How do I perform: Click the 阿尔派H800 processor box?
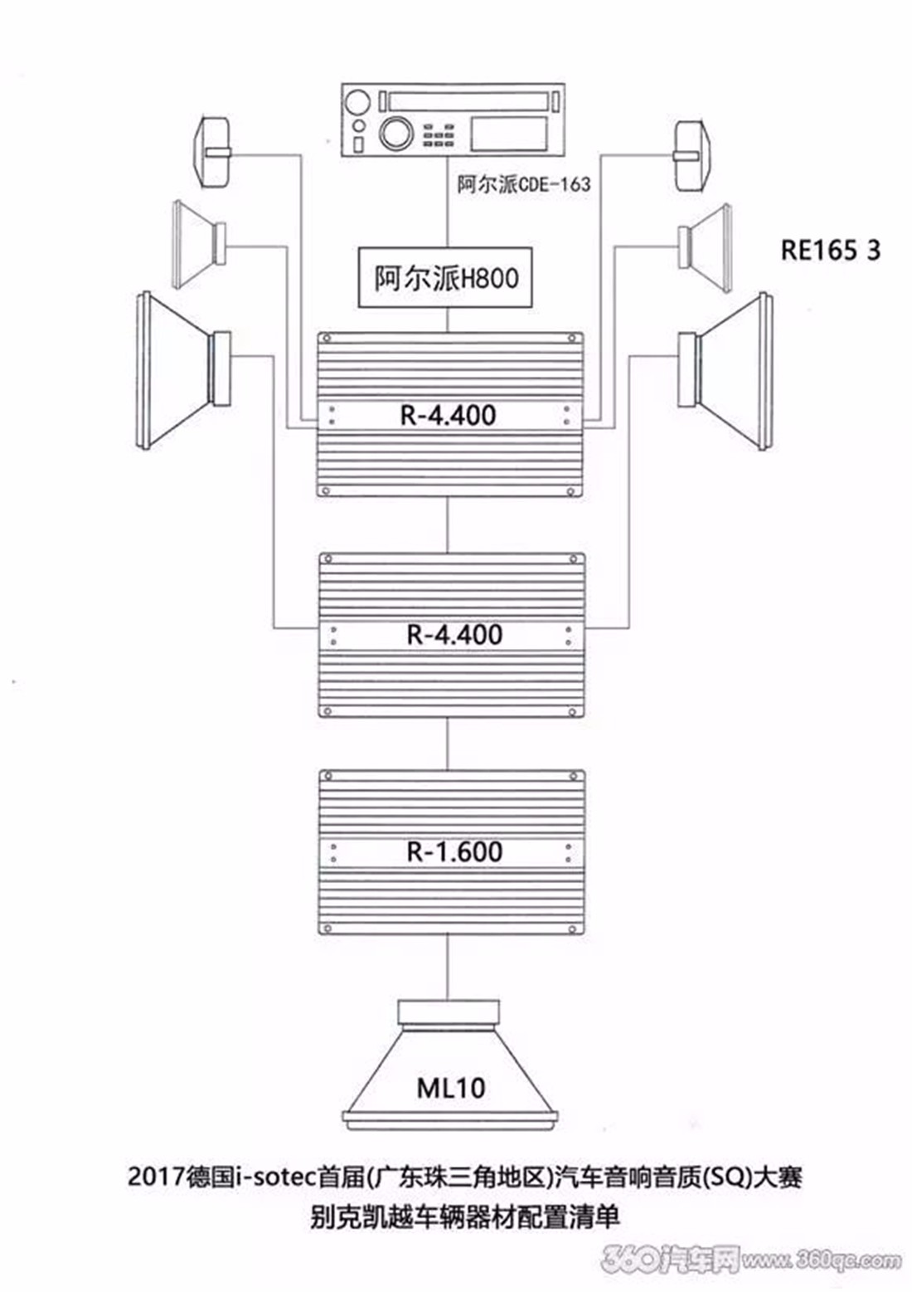coord(445,277)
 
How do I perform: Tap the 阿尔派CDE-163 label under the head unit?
coord(524,184)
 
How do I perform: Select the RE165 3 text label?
coord(830,251)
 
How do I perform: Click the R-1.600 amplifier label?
coord(454,852)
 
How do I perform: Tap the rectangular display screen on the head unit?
coord(508,134)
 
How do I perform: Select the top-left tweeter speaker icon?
coord(212,153)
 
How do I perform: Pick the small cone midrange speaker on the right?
coord(706,246)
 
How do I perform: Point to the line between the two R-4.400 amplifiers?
coord(448,525)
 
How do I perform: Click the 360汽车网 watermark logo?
coord(669,1259)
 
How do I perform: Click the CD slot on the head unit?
coord(468,102)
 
